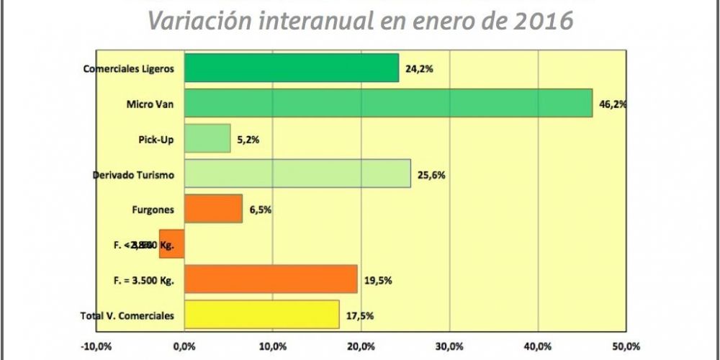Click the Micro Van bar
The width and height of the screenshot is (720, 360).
pyautogui.click(x=389, y=103)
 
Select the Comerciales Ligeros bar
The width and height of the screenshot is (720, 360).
pyautogui.click(x=292, y=68)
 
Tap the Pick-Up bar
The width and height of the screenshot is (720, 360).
pyautogui.click(x=207, y=138)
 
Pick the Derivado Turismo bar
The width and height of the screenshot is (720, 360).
pyautogui.click(x=297, y=174)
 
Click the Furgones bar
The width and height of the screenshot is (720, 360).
pyautogui.click(x=213, y=209)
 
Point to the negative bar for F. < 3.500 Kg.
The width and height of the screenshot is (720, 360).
pyautogui.click(x=172, y=244)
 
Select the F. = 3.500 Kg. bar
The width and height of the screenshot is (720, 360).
pyautogui.click(x=271, y=279)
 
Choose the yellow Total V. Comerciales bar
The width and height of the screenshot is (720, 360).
pyautogui.click(x=261, y=315)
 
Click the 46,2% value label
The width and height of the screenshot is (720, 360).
pyautogui.click(x=613, y=104)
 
